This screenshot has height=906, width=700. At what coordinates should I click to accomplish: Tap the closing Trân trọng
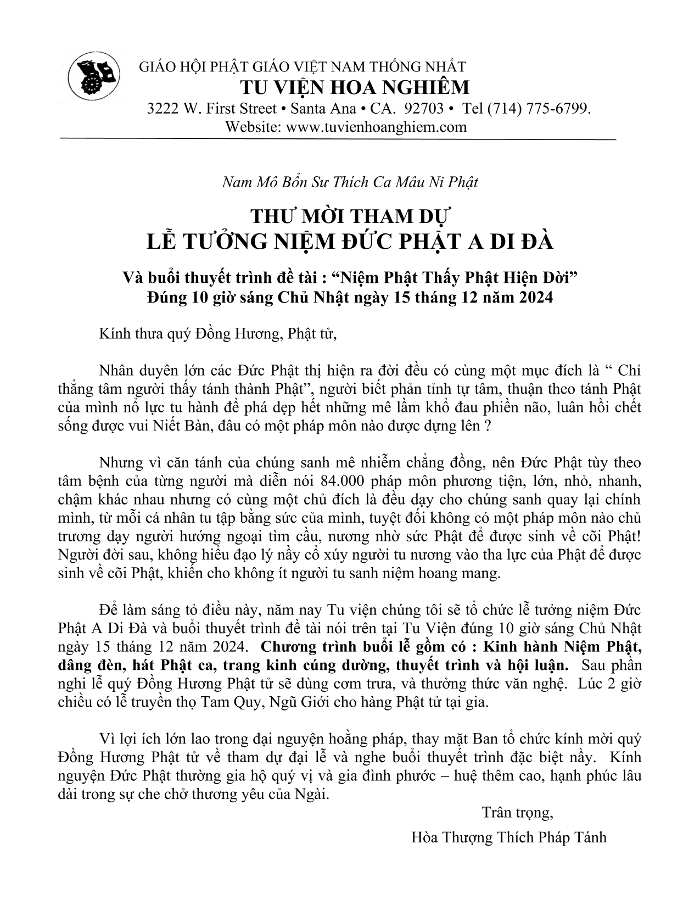pos(517,812)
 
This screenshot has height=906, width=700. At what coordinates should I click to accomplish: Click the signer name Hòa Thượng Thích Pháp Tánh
pos(508,837)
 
